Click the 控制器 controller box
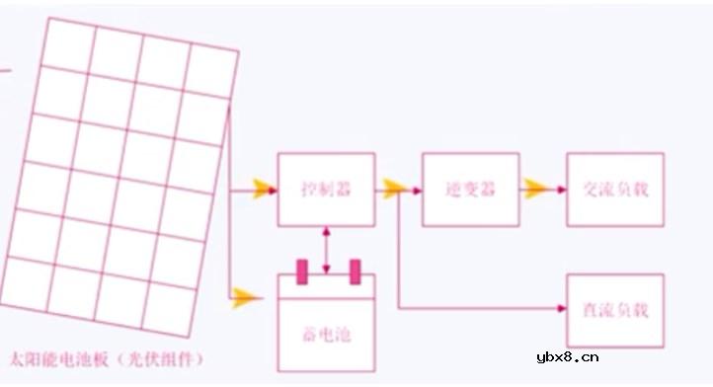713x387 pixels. coord(326,189)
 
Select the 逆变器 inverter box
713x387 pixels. coord(470,189)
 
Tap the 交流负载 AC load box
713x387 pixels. coord(614,189)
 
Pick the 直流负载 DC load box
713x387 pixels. coord(614,310)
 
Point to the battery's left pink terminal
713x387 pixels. coord(303,271)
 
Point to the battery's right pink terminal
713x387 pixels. coord(355,271)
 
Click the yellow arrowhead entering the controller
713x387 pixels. coord(263,189)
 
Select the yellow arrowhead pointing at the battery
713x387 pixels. coord(243,296)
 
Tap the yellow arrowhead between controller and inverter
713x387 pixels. coord(395,189)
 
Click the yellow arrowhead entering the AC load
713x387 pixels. coord(538,189)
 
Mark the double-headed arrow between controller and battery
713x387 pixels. coord(327,247)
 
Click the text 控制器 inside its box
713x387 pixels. coord(326,189)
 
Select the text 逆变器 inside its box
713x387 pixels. coord(470,189)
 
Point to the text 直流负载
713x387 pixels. coord(614,310)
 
